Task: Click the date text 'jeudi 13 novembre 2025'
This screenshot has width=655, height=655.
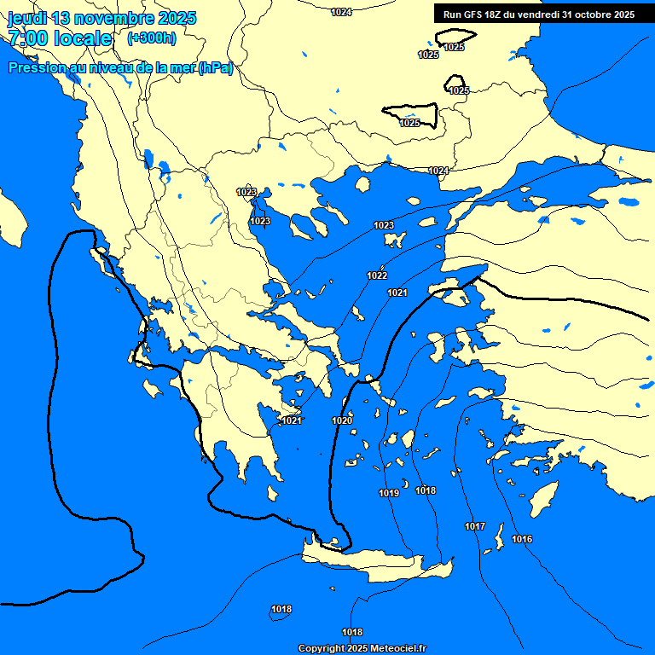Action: coord(102,18)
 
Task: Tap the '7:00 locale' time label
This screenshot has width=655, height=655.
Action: coord(60,38)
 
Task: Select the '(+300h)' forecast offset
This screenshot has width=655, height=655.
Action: coord(151,38)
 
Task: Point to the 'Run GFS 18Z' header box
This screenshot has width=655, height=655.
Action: coord(539,14)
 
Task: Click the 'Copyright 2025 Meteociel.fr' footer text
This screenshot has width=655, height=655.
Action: coord(362,648)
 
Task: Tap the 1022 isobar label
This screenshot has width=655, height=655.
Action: coord(377,275)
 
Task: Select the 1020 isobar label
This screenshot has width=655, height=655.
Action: coord(342,420)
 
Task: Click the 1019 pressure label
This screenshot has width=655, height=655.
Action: coord(389,493)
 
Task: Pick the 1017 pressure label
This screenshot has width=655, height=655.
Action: coord(475,525)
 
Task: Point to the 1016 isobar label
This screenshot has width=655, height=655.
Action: coord(522,539)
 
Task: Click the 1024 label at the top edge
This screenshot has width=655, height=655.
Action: coord(341,12)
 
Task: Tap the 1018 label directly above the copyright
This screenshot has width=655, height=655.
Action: coord(352,632)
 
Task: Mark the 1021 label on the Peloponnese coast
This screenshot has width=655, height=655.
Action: coord(292,420)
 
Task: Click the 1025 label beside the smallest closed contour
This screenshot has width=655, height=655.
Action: coord(459,90)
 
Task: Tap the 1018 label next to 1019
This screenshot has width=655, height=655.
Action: coord(426,490)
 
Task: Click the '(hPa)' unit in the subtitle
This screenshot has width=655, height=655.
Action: coord(215,68)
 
